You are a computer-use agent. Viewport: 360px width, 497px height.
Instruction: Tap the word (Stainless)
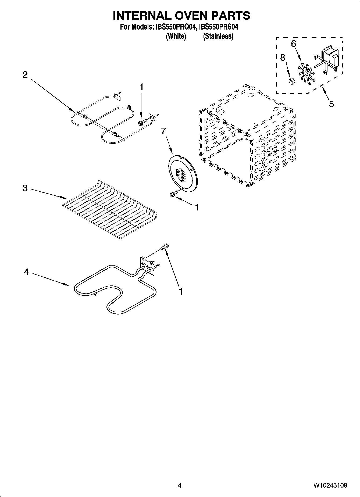pyautogui.click(x=218, y=36)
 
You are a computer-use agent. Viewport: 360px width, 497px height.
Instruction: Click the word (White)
pyautogui.click(x=176, y=36)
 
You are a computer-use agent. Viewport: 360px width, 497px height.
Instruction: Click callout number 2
pyautogui.click(x=25, y=75)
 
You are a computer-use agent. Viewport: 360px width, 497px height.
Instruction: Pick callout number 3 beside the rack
pyautogui.click(x=25, y=188)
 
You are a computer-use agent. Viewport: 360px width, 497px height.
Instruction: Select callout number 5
pyautogui.click(x=332, y=104)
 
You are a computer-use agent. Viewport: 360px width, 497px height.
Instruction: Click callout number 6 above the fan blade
pyautogui.click(x=294, y=44)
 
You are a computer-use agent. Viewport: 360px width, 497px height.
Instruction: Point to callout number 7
pyautogui.click(x=163, y=131)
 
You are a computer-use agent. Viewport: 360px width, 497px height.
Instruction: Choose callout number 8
pyautogui.click(x=283, y=58)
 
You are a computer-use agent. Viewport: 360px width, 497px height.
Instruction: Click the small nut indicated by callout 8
pyautogui.click(x=291, y=81)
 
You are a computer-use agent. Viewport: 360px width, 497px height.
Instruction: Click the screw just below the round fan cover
pyautogui.click(x=173, y=194)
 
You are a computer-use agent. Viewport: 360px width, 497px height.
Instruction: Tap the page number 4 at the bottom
pyautogui.click(x=180, y=485)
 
